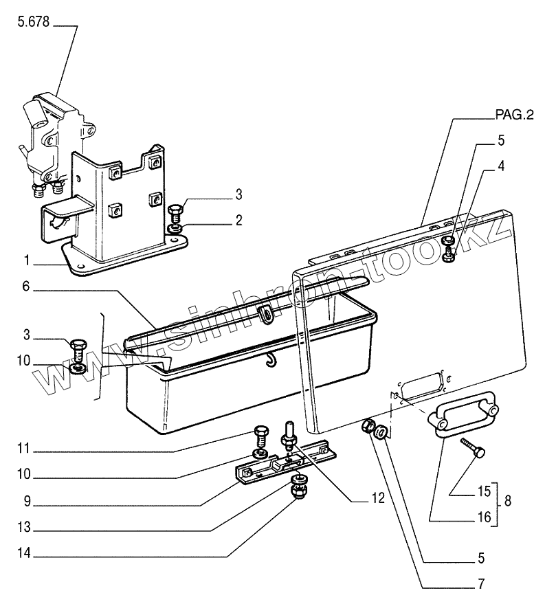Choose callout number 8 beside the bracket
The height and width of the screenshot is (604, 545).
pyautogui.click(x=507, y=501)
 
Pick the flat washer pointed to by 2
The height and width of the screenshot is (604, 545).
pyautogui.click(x=175, y=227)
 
